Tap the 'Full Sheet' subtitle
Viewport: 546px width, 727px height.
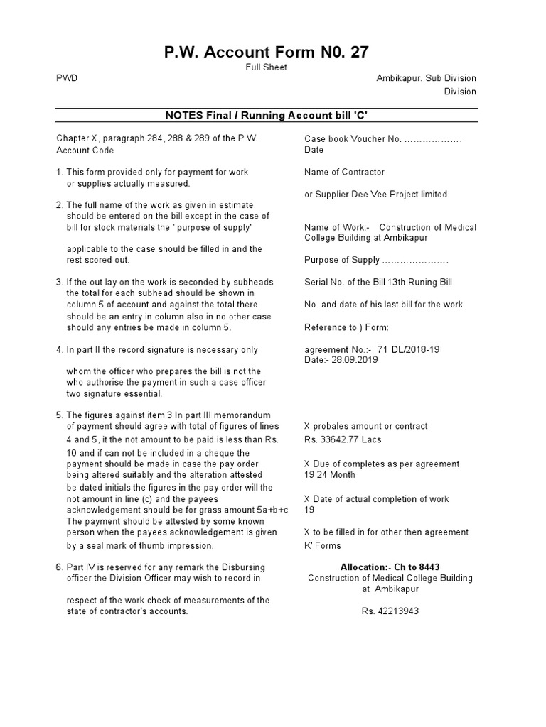coord(267,67)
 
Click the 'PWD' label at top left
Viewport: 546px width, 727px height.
coord(67,78)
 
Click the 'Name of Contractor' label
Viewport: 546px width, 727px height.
coord(344,172)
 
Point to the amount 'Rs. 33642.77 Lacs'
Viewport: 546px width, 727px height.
coord(343,439)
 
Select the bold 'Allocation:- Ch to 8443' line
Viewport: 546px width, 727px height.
coord(390,567)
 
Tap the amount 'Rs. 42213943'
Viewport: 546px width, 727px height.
coord(390,611)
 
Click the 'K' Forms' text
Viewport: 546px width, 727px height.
coord(322,546)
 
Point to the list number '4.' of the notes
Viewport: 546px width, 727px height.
coord(60,350)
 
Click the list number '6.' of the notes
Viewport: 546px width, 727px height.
coord(60,567)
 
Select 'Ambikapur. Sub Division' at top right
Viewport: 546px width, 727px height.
coord(426,78)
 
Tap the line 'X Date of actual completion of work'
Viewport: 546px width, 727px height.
coord(376,499)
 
